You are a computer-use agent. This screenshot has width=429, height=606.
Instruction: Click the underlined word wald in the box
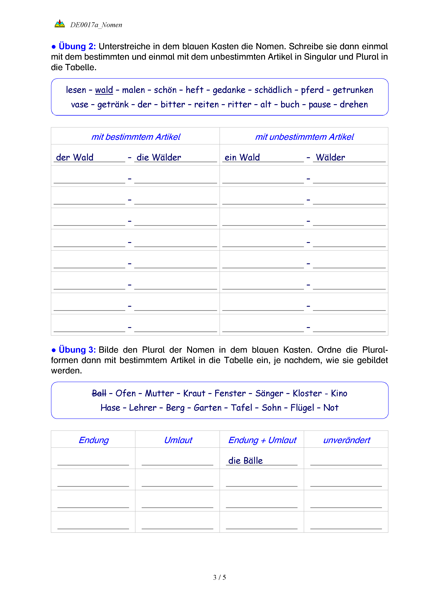pos(104,90)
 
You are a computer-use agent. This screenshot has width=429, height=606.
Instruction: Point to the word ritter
pos(239,105)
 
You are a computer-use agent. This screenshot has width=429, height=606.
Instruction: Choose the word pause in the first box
pos(320,105)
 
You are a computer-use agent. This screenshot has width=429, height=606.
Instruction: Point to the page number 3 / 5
pos(220,577)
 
